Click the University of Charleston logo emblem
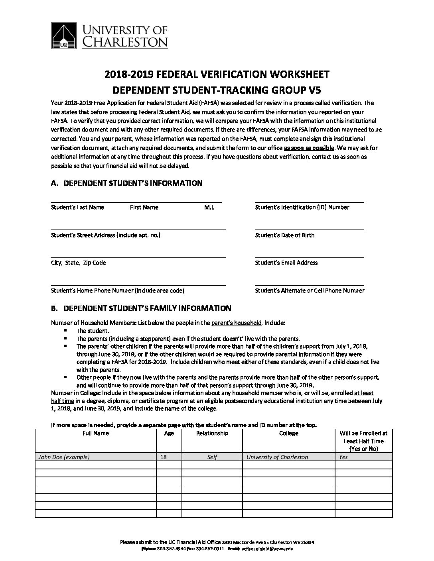pos(65,36)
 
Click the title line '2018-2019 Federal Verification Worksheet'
pos(217,74)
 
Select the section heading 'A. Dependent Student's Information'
pos(127,183)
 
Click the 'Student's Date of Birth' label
pos(284,235)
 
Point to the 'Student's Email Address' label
pos(286,263)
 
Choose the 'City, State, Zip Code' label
pos(78,263)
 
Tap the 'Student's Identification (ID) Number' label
pos(302,207)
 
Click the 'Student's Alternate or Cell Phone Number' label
pos(310,290)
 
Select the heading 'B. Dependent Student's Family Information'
pos(141,308)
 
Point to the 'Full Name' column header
pos(95,433)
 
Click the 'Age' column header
pos(169,433)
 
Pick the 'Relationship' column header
pos(212,433)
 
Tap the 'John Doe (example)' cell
pos(64,457)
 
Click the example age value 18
pos(163,457)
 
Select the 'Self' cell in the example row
pos(212,457)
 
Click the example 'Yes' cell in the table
pos(343,457)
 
